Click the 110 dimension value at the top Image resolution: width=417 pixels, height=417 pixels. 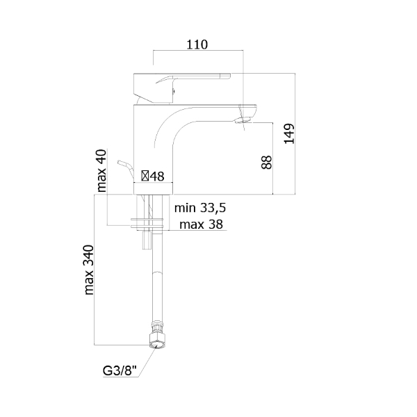pos(197,44)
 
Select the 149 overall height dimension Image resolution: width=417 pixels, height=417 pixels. pos(289,133)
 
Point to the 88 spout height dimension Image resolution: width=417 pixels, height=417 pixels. pos(266,162)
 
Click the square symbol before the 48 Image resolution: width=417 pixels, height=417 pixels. pos(145,176)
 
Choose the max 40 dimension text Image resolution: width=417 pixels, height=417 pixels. pos(101,171)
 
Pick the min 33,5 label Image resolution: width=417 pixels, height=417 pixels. pos(200,208)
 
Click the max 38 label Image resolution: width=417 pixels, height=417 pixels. pos(201,224)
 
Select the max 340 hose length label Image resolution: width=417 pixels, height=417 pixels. pos(89,270)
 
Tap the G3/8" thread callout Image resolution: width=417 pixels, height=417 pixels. pos(120,370)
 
